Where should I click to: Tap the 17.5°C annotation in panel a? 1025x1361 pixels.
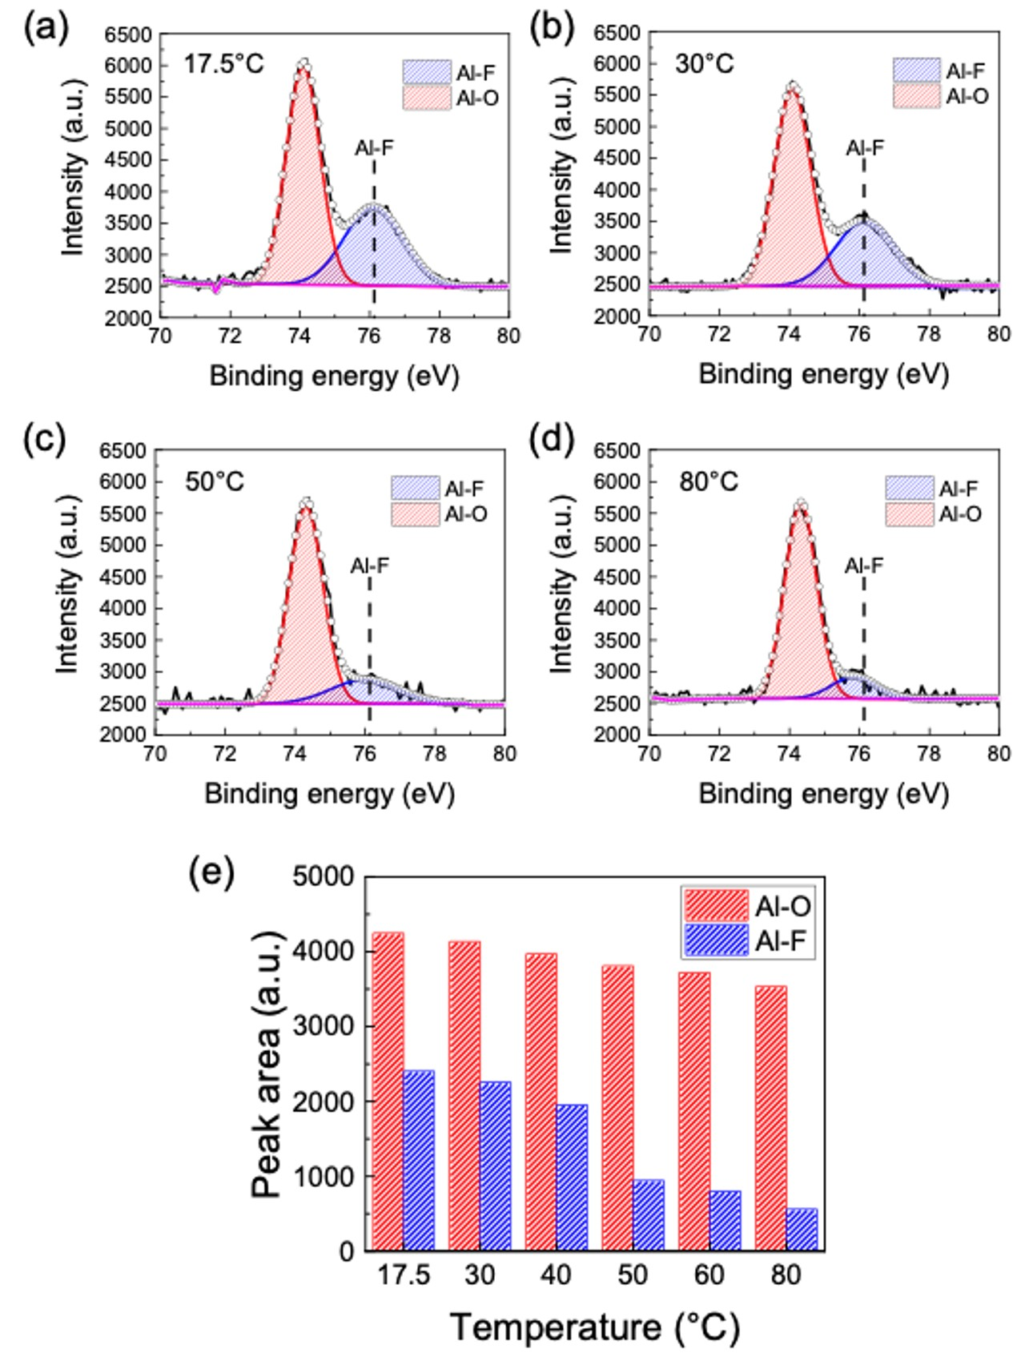[224, 64]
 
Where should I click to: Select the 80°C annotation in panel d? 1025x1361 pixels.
[709, 482]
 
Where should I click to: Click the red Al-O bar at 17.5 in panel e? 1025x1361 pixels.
[388, 1091]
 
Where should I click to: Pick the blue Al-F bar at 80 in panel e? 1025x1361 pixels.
[802, 1230]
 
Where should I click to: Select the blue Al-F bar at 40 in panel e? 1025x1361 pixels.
[572, 1178]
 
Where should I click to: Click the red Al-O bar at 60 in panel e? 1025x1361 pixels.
[694, 1111]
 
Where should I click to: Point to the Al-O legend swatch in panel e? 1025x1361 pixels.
[716, 906]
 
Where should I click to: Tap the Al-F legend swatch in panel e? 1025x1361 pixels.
[716, 940]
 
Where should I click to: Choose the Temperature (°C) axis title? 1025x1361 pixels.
[595, 1327]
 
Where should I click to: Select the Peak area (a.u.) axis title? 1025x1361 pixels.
[267, 1065]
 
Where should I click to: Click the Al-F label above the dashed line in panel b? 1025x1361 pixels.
[865, 148]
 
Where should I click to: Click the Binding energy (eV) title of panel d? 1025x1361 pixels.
[823, 794]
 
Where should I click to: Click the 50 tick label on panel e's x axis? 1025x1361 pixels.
[633, 1274]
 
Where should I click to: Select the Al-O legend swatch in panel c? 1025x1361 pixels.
[415, 513]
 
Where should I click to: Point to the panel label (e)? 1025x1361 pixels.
[211, 872]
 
